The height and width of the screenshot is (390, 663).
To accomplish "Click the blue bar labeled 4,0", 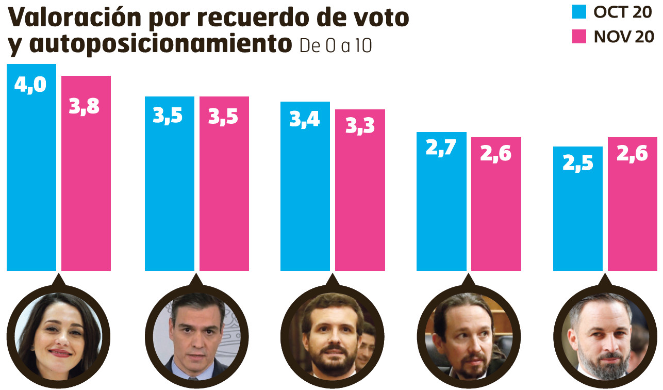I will [31, 170].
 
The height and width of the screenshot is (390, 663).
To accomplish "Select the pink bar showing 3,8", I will [86, 175].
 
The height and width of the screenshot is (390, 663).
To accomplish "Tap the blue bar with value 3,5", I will [169, 186].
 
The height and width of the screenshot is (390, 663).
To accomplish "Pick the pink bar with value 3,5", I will [224, 186].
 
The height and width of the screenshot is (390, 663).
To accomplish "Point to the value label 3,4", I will [305, 119].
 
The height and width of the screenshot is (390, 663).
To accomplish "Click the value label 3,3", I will [360, 126].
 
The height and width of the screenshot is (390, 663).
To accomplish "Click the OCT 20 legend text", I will [622, 12].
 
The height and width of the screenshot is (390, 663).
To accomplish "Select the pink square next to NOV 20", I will [579, 37].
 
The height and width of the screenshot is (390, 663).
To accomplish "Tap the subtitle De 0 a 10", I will [335, 46].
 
